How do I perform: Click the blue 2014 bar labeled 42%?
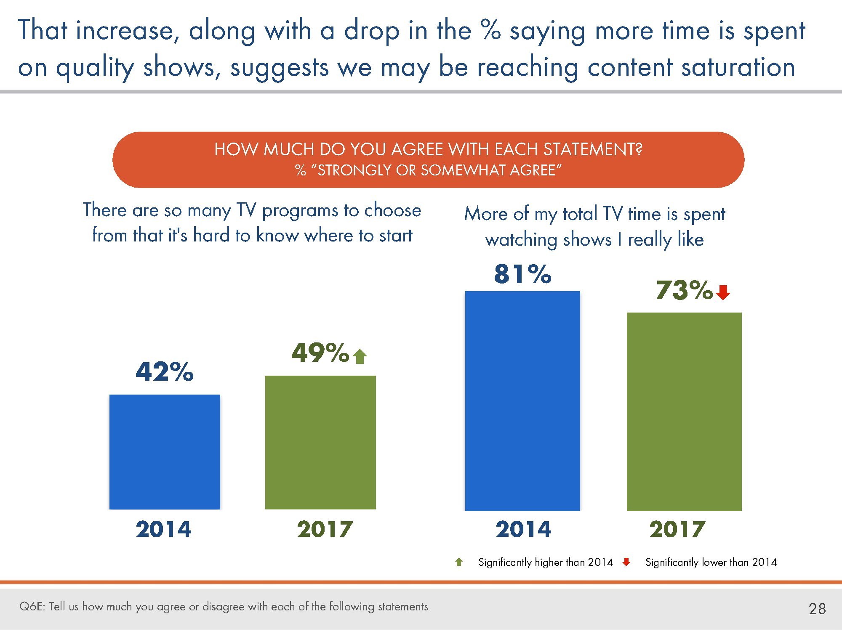pyautogui.click(x=165, y=452)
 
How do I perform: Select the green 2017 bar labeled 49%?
pyautogui.click(x=320, y=442)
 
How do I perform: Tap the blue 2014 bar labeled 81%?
pyautogui.click(x=522, y=401)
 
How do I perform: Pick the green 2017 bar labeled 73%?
pyautogui.click(x=684, y=411)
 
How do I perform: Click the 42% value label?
pyautogui.click(x=165, y=372)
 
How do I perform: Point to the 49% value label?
pyautogui.click(x=320, y=353)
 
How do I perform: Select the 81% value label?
pyautogui.click(x=522, y=274)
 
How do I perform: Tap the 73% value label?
pyautogui.click(x=684, y=290)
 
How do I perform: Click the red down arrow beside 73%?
pyautogui.click(x=723, y=292)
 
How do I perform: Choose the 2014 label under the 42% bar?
pyautogui.click(x=163, y=529)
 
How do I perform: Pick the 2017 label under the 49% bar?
pyautogui.click(x=325, y=529)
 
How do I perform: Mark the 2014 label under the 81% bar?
pyautogui.click(x=523, y=529)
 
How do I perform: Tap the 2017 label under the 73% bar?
pyautogui.click(x=677, y=529)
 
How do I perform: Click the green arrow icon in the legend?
pyautogui.click(x=459, y=562)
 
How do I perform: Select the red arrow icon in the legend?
pyautogui.click(x=626, y=562)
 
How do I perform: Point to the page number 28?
pyautogui.click(x=817, y=609)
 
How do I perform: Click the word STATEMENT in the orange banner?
pyautogui.click(x=592, y=149)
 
